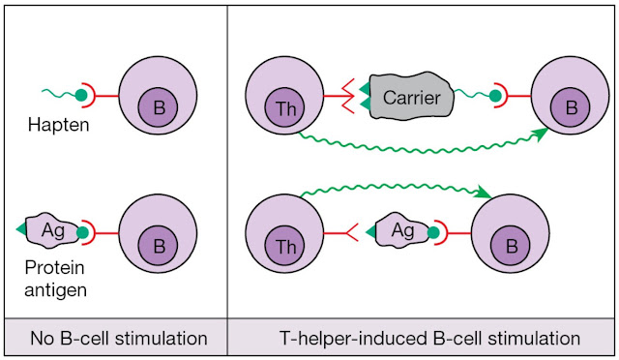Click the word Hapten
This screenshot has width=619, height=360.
click(x=58, y=125)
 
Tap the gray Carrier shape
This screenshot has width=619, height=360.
click(x=411, y=97)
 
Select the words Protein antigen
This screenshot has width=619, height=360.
click(x=55, y=279)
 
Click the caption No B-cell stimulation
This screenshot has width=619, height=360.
click(x=119, y=339)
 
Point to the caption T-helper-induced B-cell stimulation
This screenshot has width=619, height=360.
click(x=429, y=339)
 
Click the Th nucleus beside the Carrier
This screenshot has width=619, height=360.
click(x=284, y=107)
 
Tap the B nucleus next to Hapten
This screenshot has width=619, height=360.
click(x=158, y=107)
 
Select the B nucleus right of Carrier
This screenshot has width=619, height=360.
click(x=570, y=107)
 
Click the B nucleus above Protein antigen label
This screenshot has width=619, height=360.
click(x=158, y=246)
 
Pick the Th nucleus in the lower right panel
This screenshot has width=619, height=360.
click(x=284, y=246)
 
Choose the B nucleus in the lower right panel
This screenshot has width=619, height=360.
click(x=511, y=246)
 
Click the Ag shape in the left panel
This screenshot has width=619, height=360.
click(x=52, y=230)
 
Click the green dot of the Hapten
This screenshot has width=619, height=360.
click(x=81, y=95)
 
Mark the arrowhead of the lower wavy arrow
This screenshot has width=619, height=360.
click(x=484, y=192)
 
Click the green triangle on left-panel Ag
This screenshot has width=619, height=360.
click(x=21, y=229)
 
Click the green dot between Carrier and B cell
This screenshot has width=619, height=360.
click(x=495, y=96)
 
